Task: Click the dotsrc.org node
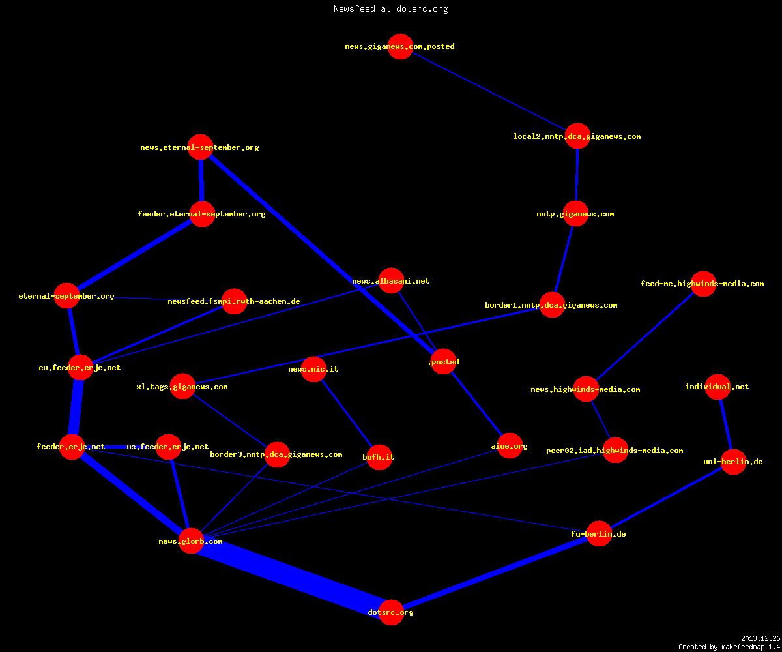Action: point(391,612)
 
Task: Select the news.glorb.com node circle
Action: point(191,541)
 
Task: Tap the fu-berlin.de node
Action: point(599,533)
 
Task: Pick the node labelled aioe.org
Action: point(510,445)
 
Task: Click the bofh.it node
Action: point(380,457)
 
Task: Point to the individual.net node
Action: point(717,387)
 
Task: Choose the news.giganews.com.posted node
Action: point(400,46)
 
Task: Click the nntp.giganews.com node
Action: point(575,214)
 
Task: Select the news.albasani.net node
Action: point(392,280)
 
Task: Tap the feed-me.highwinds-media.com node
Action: point(703,284)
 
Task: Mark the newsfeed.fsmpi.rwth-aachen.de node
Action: point(234,301)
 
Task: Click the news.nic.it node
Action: point(313,369)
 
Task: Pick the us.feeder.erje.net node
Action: point(169,447)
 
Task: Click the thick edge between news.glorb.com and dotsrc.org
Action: point(291,576)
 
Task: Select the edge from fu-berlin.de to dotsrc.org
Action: point(495,573)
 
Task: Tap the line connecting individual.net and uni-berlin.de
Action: point(725,424)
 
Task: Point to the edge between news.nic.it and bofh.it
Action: point(347,413)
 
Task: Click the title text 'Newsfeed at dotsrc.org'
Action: point(390,8)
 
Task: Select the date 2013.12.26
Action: point(760,638)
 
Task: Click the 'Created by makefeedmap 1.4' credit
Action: point(729,647)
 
